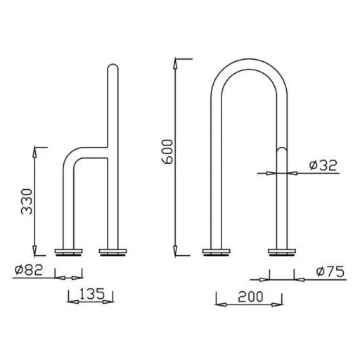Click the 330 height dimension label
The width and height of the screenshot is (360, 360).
(27, 202)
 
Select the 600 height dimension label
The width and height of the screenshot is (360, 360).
(167, 151)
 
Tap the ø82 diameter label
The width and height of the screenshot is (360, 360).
(29, 270)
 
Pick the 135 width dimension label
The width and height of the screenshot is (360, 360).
(92, 294)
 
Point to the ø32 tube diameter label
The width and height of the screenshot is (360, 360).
(323, 165)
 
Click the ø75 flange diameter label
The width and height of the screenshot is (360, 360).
(330, 271)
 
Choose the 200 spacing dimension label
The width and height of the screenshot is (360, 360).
(250, 297)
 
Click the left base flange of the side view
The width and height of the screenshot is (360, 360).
(68, 252)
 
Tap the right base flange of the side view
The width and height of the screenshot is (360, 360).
(112, 252)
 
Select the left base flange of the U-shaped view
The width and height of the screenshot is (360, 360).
(217, 252)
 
